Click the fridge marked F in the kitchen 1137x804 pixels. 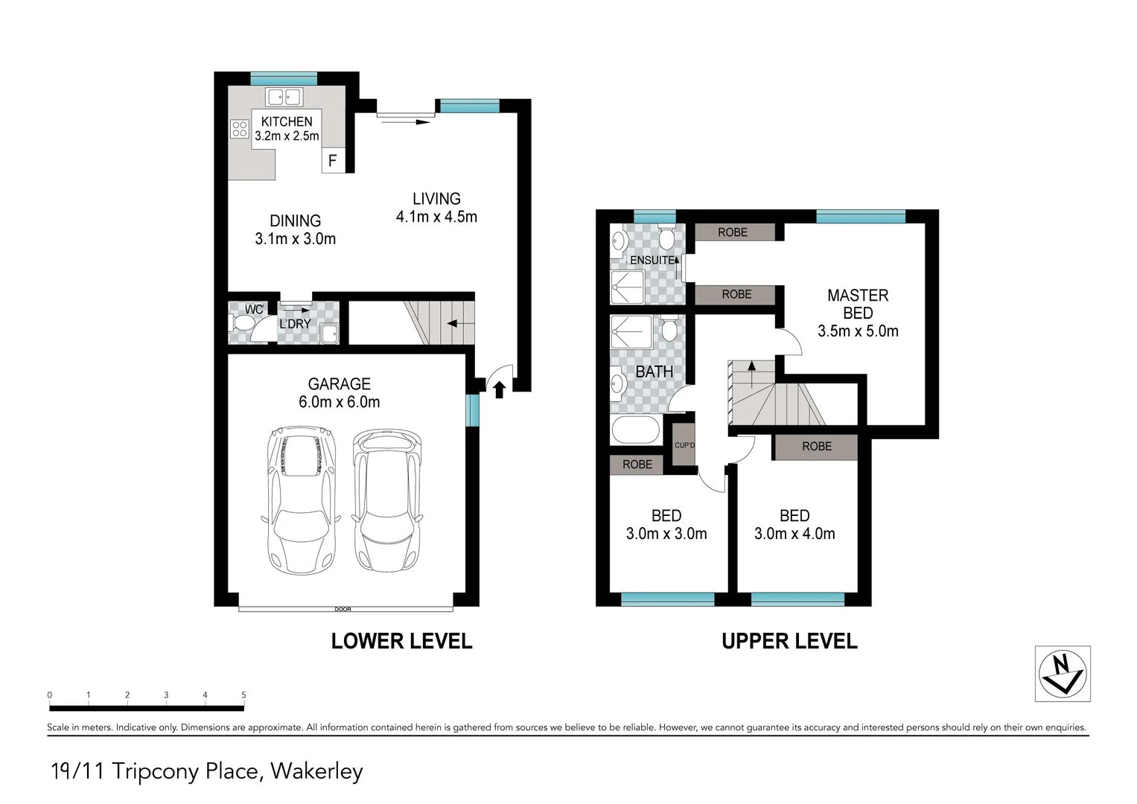tap(333, 161)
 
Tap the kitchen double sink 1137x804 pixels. tap(284, 97)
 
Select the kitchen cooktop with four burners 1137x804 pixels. tap(239, 129)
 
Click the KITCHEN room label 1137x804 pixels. tap(287, 121)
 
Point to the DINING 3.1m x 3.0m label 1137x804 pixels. tap(295, 230)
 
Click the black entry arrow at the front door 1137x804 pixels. tap(499, 389)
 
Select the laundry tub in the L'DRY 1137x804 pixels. tap(328, 334)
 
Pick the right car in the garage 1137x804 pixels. tap(386, 500)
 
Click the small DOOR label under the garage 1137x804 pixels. tap(343, 610)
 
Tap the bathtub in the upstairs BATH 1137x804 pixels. tap(635, 430)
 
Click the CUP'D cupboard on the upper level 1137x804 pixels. tap(684, 445)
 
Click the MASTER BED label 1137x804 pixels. tap(858, 304)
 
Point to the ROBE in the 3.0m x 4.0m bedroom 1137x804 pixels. tap(816, 447)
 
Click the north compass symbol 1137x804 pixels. tap(1063, 674)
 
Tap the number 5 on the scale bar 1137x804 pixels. tap(243, 695)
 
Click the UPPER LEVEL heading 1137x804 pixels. tap(789, 641)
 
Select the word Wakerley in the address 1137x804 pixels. tap(316, 771)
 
